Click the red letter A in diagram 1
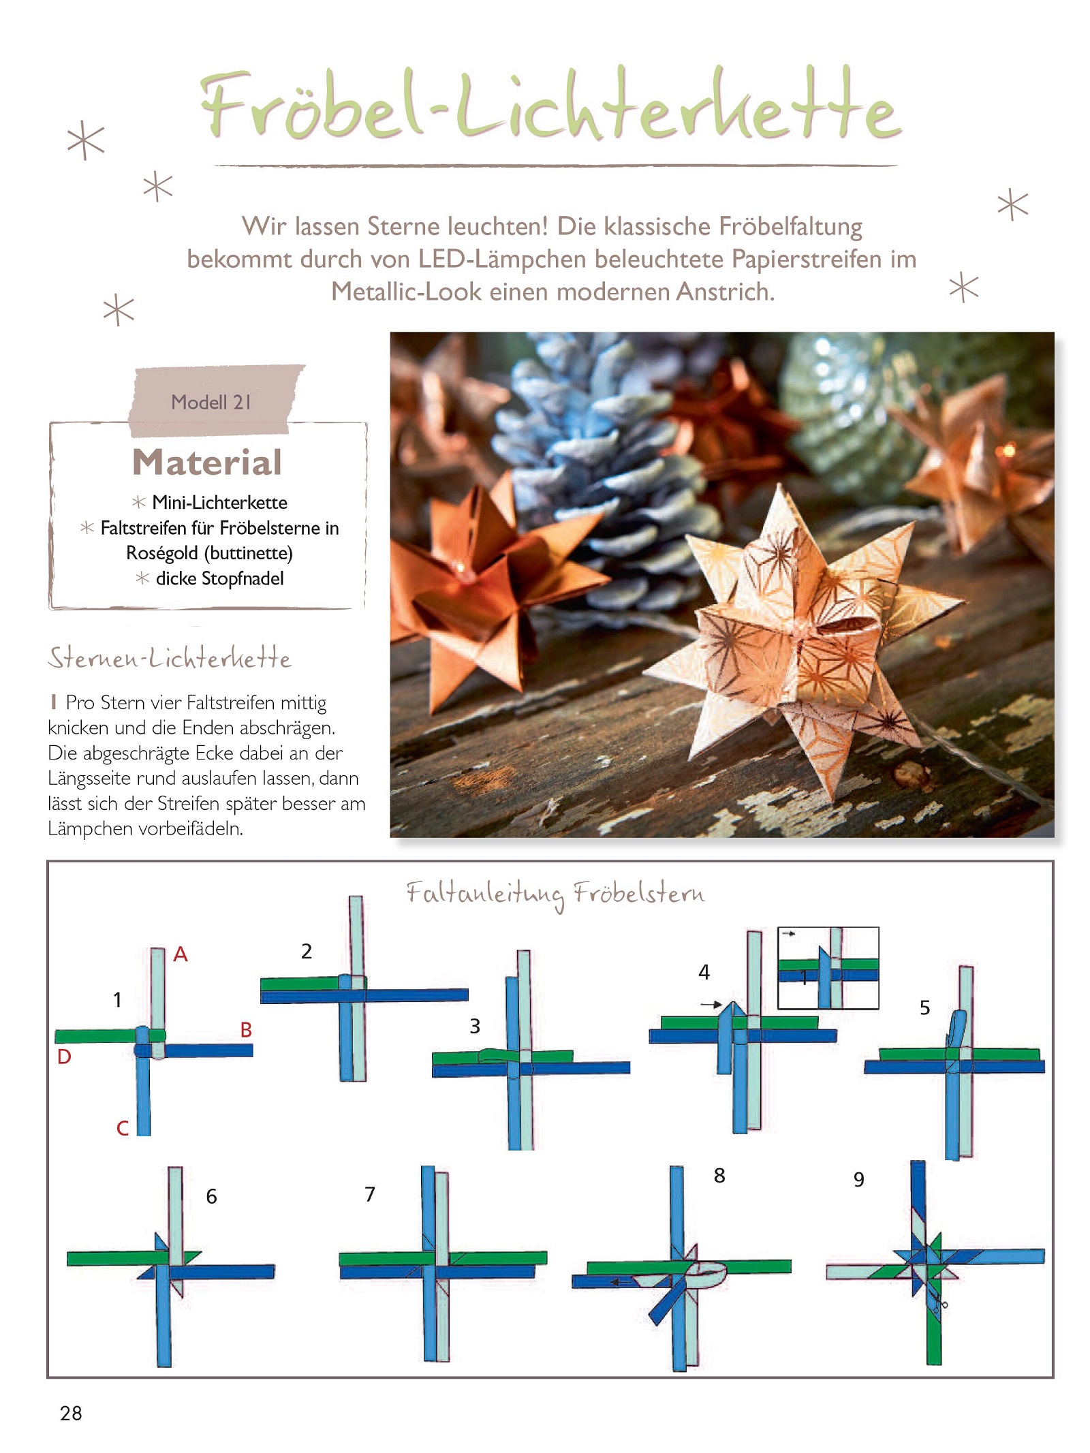pos(180,954)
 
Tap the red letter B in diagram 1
pos(246,1029)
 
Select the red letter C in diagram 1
pos(123,1128)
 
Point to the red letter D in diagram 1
pos(64,1057)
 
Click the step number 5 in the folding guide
pos(924,1007)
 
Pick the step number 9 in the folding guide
pos(858,1179)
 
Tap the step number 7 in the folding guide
pos(370,1194)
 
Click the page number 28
pos(71,1413)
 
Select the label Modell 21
pos(211,403)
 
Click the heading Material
pos(207,463)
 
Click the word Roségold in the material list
pos(162,553)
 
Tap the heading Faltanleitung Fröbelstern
pos(555,893)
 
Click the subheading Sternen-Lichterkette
pos(170,658)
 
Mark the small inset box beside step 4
pos(828,968)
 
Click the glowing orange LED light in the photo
pos(1008,450)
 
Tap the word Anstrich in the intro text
pos(726,292)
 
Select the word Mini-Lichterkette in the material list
pos(219,503)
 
